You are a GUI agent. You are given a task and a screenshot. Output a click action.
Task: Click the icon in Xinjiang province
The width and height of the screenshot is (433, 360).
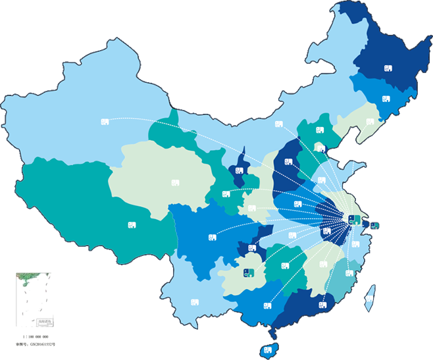click(x=105, y=122)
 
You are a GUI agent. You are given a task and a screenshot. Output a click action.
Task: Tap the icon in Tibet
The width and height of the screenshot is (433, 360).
click(x=132, y=225)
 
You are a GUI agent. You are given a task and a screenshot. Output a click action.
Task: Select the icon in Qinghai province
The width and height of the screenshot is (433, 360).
click(x=175, y=183)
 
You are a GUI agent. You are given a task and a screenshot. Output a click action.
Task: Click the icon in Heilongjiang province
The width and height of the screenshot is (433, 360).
click(x=388, y=68)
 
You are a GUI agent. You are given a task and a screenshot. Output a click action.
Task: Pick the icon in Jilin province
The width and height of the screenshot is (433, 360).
click(x=386, y=100)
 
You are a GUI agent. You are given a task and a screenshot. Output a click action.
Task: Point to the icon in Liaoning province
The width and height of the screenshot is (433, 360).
click(x=370, y=122)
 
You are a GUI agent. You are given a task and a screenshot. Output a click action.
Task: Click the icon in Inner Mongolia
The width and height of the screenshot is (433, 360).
click(x=278, y=124)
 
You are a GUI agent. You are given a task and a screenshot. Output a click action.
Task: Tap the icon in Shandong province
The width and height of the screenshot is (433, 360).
click(x=321, y=180)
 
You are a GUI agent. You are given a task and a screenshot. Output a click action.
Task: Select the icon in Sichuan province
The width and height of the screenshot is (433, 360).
click(x=212, y=237)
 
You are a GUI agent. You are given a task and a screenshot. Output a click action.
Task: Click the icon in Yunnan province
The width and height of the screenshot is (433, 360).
click(x=195, y=302)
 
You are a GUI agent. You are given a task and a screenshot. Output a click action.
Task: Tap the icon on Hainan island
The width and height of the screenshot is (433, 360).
click(x=267, y=349)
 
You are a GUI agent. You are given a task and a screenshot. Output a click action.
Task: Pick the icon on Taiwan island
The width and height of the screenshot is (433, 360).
click(x=369, y=299)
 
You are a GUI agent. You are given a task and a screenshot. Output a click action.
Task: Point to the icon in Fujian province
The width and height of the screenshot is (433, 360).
click(x=349, y=273)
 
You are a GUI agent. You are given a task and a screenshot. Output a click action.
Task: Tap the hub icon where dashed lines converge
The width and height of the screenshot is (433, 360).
click(x=354, y=219)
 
